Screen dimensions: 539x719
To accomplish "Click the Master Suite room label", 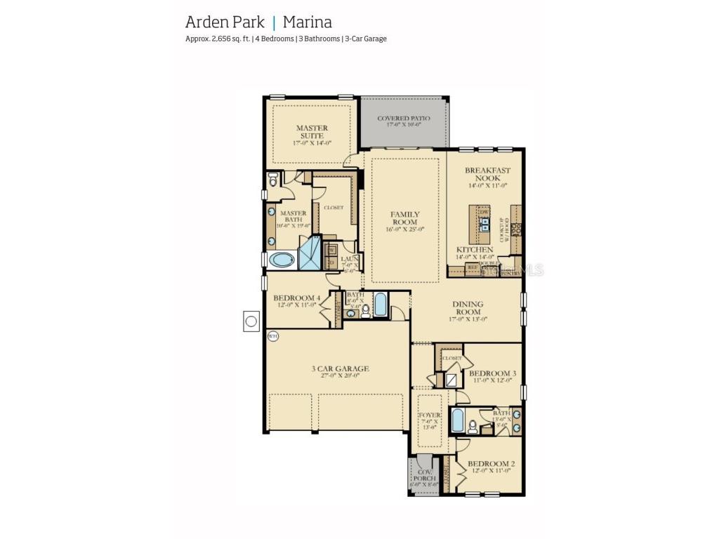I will pos(311,131).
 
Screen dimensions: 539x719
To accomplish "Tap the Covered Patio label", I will pos(403,119).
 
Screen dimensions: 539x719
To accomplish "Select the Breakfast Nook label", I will pos(487,174).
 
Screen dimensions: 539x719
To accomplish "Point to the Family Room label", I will pos(405,218).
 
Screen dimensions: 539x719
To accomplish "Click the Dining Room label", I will pos(468,308).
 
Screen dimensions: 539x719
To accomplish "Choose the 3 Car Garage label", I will pos(340,369).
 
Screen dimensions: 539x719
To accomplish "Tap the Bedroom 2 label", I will pos(492,464).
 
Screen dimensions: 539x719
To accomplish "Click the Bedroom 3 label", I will pos(492,373).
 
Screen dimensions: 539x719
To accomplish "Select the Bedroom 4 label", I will pos(296,298).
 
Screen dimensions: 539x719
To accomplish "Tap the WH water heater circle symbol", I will pos(273,336).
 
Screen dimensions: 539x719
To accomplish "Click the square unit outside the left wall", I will pos(251,321).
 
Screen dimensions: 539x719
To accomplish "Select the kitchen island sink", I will pos(484,224).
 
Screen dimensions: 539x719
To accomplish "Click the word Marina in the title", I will pos(308,21).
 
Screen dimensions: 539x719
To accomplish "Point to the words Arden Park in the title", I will pos(225,21).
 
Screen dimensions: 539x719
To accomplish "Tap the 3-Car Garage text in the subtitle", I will pos(365,39).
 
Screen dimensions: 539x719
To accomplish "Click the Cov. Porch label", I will pos(424,474).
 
